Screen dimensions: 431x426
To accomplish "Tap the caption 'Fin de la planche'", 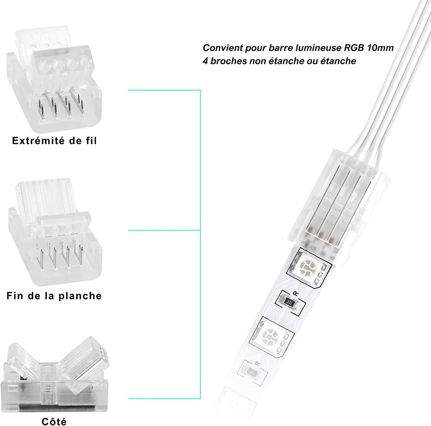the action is (54, 296).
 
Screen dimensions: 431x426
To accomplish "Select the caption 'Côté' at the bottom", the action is (54, 421).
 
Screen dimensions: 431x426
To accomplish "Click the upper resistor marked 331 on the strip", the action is (290, 302).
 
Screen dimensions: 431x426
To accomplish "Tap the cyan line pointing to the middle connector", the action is (164, 230).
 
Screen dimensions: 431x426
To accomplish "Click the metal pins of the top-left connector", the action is (60, 108).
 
